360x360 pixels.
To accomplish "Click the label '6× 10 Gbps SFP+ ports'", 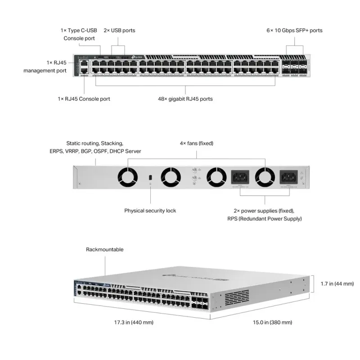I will click(294, 31).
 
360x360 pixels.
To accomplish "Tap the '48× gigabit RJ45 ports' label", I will click(186, 99).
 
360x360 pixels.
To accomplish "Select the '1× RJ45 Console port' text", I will click(84, 99).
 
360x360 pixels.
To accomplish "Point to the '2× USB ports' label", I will click(119, 31).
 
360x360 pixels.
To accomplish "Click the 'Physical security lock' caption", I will click(150, 211).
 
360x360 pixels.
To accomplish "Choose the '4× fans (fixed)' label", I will click(196, 143).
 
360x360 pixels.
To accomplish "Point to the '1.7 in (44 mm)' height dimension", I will click(337, 284).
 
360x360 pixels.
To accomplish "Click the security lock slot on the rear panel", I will click(150, 177).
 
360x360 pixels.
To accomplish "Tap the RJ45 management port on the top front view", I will click(84, 64).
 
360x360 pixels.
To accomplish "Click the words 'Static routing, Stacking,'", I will click(94, 143).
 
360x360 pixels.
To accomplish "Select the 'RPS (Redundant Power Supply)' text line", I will click(265, 219).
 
